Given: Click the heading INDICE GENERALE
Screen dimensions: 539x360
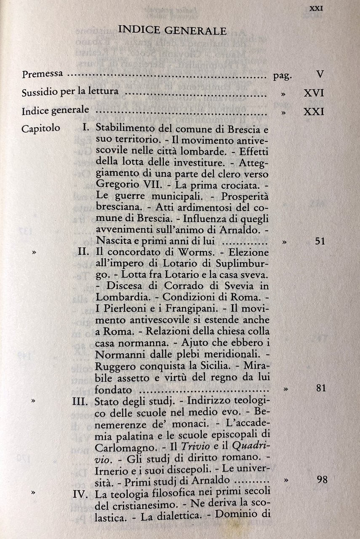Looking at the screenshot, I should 173,30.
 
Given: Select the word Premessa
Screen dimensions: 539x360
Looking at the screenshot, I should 42,75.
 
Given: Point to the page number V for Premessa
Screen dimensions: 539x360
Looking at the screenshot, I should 320,75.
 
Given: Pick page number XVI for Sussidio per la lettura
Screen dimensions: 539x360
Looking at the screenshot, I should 314,93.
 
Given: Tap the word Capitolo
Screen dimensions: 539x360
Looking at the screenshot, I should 40,128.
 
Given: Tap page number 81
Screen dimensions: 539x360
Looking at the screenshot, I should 320,388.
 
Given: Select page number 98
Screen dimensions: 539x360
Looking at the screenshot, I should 322,480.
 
